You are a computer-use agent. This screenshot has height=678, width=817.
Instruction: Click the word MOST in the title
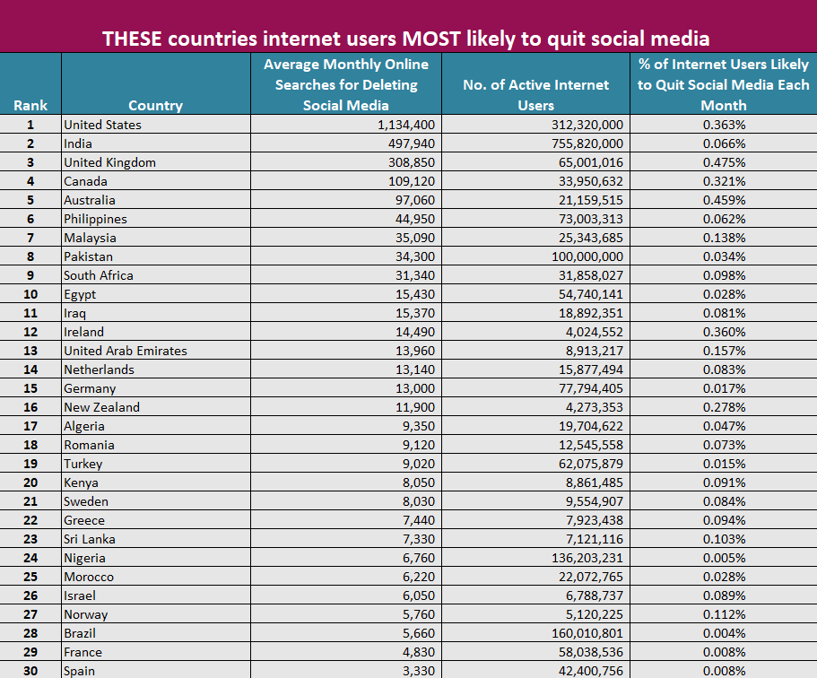pos(431,39)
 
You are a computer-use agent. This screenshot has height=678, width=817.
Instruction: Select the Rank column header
pos(30,105)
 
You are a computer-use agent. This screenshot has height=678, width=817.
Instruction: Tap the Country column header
pos(155,105)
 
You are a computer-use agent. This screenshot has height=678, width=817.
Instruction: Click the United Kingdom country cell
pos(110,162)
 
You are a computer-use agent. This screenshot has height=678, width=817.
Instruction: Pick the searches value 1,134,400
pos(406,125)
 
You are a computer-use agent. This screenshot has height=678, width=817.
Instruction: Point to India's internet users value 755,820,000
pos(587,143)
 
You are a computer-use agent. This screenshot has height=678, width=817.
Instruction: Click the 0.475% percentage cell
pos(724,162)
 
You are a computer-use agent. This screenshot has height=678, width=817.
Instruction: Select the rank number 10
pos(30,294)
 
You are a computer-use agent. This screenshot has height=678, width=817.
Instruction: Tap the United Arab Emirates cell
pos(126,351)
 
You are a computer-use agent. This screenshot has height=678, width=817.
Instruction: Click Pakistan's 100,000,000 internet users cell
pos(587,256)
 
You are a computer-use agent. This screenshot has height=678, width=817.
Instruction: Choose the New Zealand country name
pos(101,407)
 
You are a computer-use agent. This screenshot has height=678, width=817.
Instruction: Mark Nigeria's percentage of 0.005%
pos(724,558)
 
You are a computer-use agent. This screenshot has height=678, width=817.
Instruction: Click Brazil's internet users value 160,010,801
pos(587,633)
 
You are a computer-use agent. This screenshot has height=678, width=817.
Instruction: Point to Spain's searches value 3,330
pos(419,671)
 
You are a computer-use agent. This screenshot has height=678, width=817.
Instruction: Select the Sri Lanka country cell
pos(90,539)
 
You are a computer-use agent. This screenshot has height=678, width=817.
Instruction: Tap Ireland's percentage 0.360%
pos(724,332)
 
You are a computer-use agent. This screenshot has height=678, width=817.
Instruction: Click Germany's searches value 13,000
pos(414,388)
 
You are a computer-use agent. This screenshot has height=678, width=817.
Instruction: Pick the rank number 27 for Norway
pos(30,614)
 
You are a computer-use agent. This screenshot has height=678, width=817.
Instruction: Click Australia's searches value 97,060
pos(414,200)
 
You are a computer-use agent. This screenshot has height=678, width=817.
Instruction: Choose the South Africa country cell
pos(99,275)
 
